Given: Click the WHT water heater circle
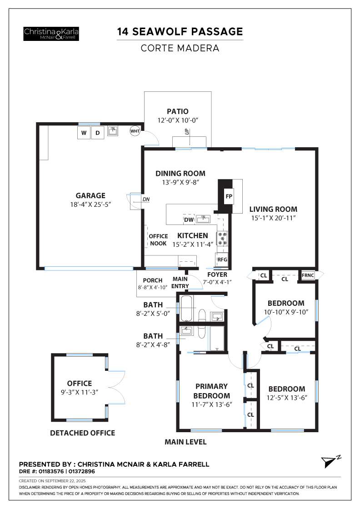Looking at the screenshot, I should pos(135,131).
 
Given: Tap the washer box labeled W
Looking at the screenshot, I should pos(84,133).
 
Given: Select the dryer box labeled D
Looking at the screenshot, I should pos(97,133).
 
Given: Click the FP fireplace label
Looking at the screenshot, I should pos(229,197).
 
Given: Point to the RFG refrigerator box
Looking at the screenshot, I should pos(222,259).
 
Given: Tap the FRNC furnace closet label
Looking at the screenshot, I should pos(307,275).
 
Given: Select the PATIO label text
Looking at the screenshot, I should pos(177,111).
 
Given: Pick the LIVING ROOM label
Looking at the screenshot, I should pos(273,209).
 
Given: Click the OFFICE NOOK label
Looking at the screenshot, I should pos(158,240).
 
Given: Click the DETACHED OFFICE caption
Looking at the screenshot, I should pos(82,433).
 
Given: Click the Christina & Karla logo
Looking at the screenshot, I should pos(51,33).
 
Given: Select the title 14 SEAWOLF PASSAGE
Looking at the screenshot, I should pos(180,32).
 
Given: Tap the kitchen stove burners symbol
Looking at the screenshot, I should pos(223,239).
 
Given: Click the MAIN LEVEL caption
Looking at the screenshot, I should pos(185,442).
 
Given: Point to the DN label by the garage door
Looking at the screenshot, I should pos(146,199).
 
